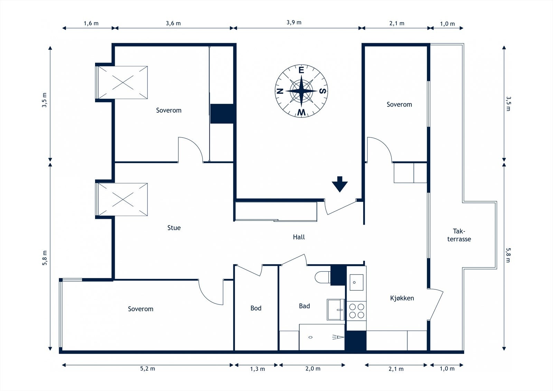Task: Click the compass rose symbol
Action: (x=301, y=91)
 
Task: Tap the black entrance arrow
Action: (x=340, y=184)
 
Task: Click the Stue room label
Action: (x=174, y=228)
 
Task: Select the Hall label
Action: (x=299, y=237)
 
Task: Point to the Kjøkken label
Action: (x=402, y=298)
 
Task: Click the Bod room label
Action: (x=256, y=308)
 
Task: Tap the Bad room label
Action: (x=304, y=306)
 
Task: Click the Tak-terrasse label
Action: (x=459, y=235)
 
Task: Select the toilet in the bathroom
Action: (x=323, y=277)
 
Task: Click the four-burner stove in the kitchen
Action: (x=356, y=311)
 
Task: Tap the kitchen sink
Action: (x=356, y=282)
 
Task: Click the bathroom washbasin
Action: (x=336, y=310)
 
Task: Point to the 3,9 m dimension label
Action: (x=294, y=22)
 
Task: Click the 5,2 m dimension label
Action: (x=148, y=369)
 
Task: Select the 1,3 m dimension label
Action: (x=257, y=369)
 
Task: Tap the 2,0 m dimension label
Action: (x=313, y=369)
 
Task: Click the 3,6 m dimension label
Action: (x=173, y=24)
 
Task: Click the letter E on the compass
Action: (x=301, y=70)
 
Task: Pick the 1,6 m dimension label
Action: (x=91, y=24)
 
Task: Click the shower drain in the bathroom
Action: (x=310, y=337)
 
